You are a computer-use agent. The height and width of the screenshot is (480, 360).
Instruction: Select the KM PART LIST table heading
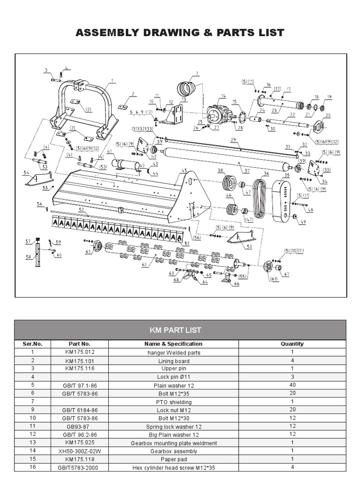click(x=175, y=330)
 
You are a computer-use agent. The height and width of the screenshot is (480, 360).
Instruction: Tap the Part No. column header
click(x=79, y=344)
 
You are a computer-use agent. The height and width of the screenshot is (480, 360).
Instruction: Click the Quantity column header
click(x=292, y=344)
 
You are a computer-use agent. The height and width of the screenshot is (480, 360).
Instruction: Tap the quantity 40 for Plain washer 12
click(x=292, y=385)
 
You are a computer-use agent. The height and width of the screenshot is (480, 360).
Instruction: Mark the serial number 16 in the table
click(x=32, y=468)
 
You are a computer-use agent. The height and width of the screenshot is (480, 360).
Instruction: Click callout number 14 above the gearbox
click(x=223, y=96)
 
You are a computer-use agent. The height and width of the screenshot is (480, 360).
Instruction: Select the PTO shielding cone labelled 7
click(x=187, y=88)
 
